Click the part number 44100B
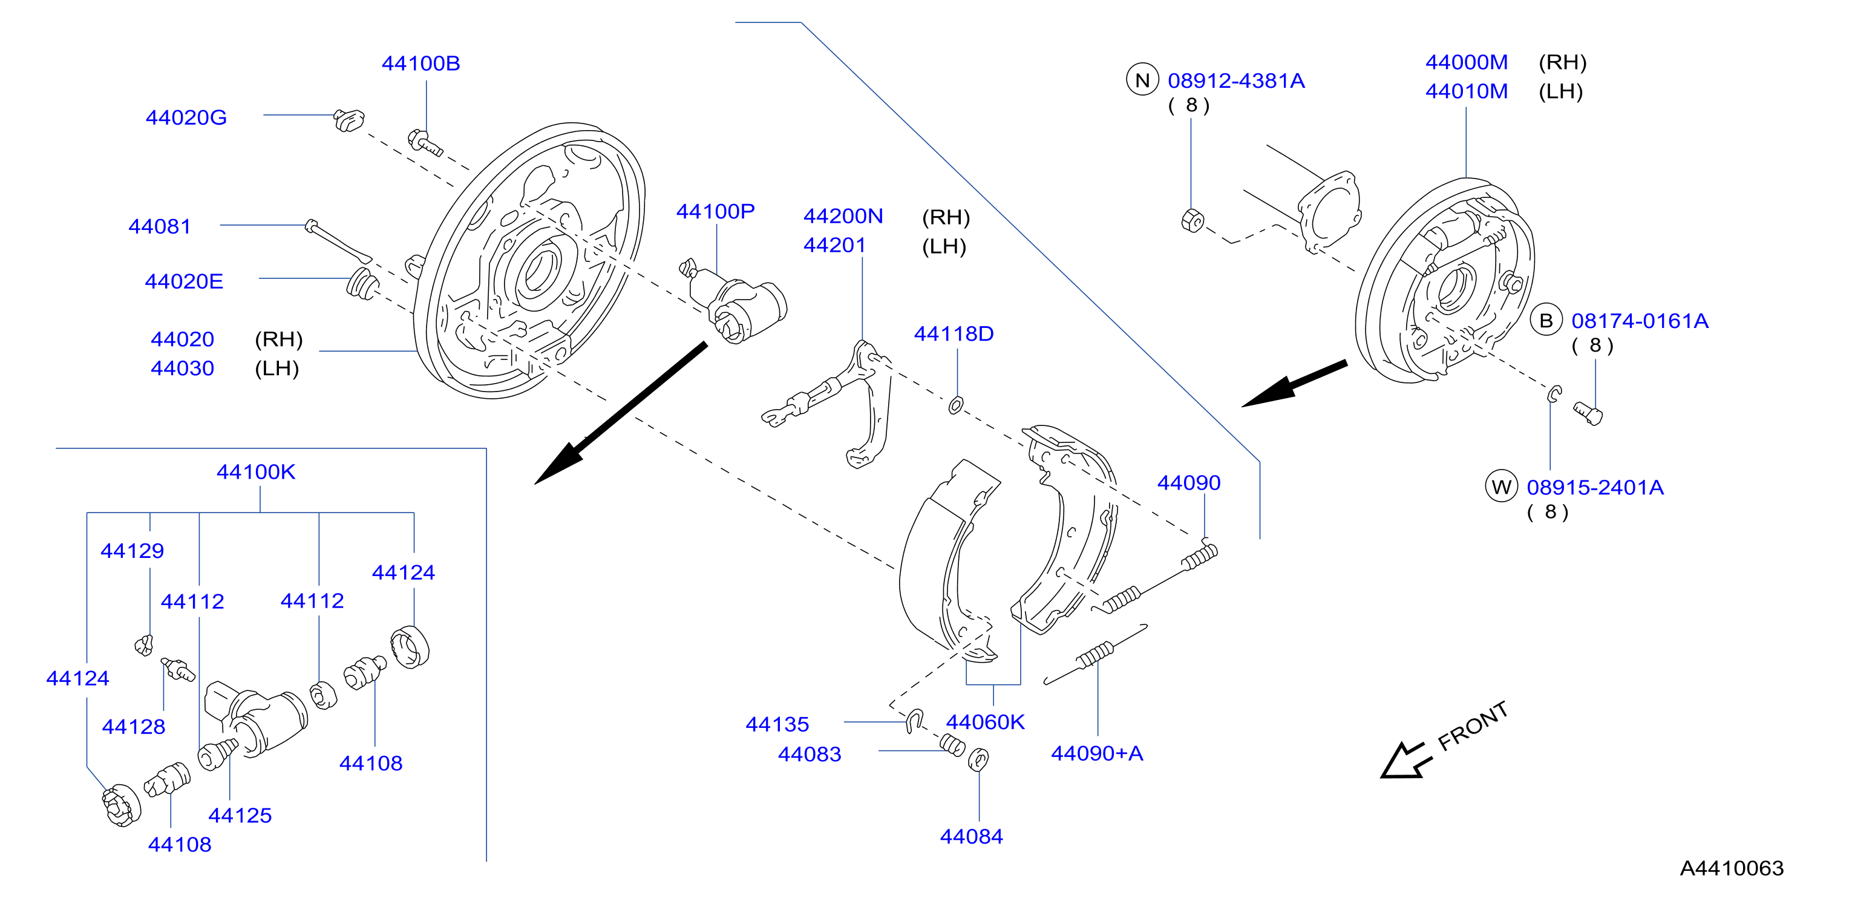point(420,64)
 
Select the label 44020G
point(186,117)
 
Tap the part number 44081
point(159,226)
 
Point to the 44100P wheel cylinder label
point(715,211)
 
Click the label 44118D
point(954,333)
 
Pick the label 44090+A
point(1097,753)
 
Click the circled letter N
point(1142,80)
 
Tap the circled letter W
point(1502,487)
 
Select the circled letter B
point(1546,321)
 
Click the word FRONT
point(1473,726)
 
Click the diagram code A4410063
point(1732,868)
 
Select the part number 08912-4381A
point(1235,80)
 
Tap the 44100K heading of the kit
point(256,471)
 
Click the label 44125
point(240,815)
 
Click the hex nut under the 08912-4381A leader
point(1192,220)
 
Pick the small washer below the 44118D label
point(955,405)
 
